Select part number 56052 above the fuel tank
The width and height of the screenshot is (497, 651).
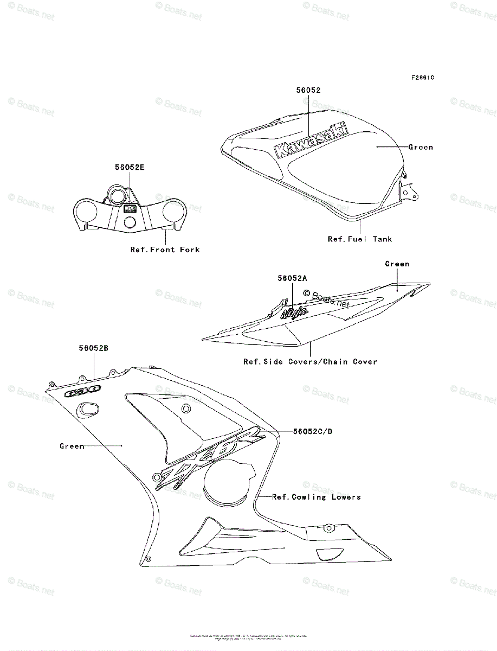308,91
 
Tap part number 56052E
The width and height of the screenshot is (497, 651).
129,168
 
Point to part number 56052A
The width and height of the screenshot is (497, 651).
292,278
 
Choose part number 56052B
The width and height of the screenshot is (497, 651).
93,348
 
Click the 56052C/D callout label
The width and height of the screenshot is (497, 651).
313,431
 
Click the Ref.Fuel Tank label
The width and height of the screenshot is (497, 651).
359,239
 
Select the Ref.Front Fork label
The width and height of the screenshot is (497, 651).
165,250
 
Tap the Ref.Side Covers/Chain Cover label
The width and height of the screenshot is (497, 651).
310,361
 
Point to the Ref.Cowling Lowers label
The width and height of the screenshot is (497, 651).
316,496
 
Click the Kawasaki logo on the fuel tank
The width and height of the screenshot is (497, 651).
312,141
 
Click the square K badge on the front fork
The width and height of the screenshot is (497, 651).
130,208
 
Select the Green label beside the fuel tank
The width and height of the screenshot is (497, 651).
421,147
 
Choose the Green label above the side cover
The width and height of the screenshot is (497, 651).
397,264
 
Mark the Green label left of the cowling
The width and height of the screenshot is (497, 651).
72,446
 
